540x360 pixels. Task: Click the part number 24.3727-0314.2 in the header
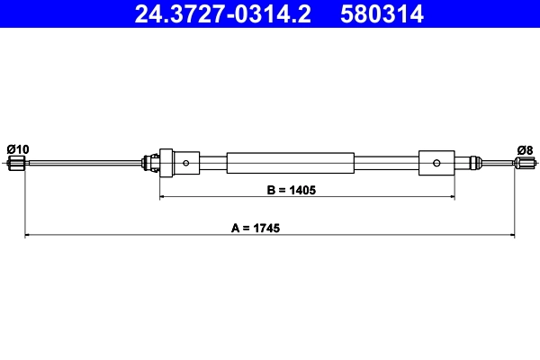[225, 13]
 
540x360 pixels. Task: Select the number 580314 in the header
[382, 13]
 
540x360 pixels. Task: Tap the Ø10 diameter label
[17, 148]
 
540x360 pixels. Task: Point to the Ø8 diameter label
[525, 149]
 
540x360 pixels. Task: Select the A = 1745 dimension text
[256, 229]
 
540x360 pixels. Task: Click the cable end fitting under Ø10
[15, 163]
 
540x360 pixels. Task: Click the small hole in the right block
[436, 163]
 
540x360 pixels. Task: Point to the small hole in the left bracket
[185, 163]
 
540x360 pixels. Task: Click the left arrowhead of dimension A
[27, 236]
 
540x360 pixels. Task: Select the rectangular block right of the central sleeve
[436, 163]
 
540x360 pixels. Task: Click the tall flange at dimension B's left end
[165, 163]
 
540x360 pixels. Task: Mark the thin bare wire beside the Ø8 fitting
[495, 163]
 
